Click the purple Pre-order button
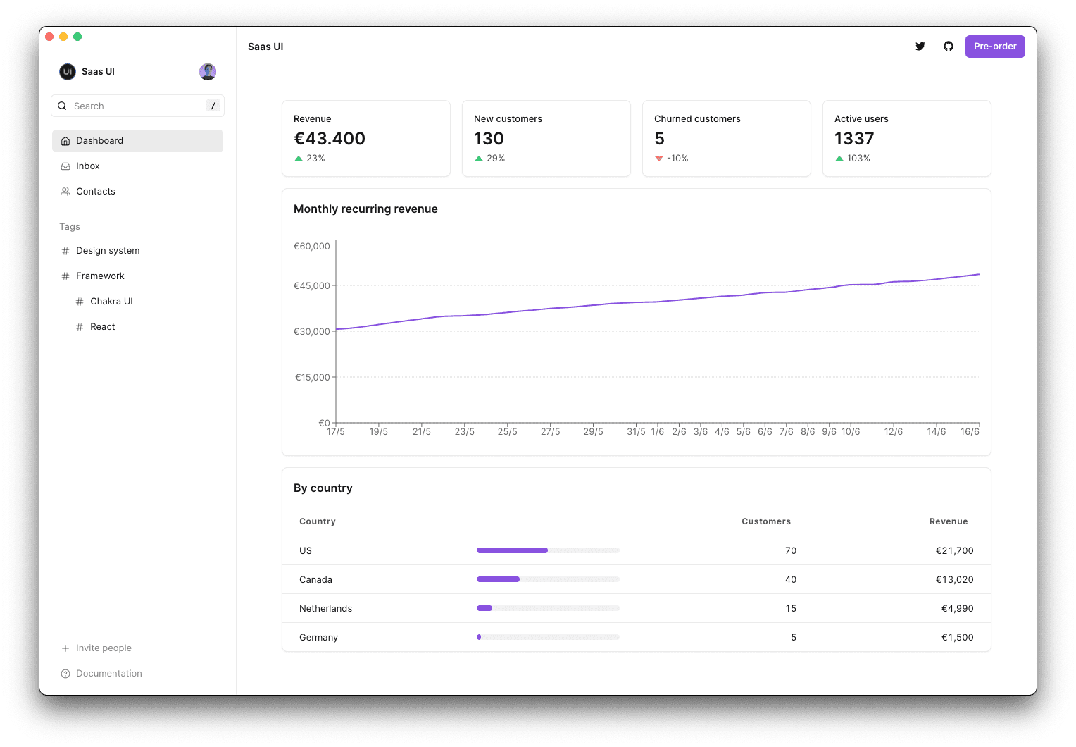(994, 47)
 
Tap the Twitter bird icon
(920, 47)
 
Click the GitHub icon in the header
(948, 47)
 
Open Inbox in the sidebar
(88, 166)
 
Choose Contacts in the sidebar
(95, 192)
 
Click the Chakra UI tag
(111, 302)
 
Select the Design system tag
(108, 251)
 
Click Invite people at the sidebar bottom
(104, 648)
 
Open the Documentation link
(108, 674)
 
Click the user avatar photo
(208, 72)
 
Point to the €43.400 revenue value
(330, 139)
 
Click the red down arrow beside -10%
(659, 159)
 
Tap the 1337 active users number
(854, 139)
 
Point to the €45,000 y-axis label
(311, 285)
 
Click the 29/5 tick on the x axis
(593, 431)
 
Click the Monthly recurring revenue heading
(365, 209)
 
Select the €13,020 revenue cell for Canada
(954, 580)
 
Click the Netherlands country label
(325, 609)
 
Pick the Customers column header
(765, 521)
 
